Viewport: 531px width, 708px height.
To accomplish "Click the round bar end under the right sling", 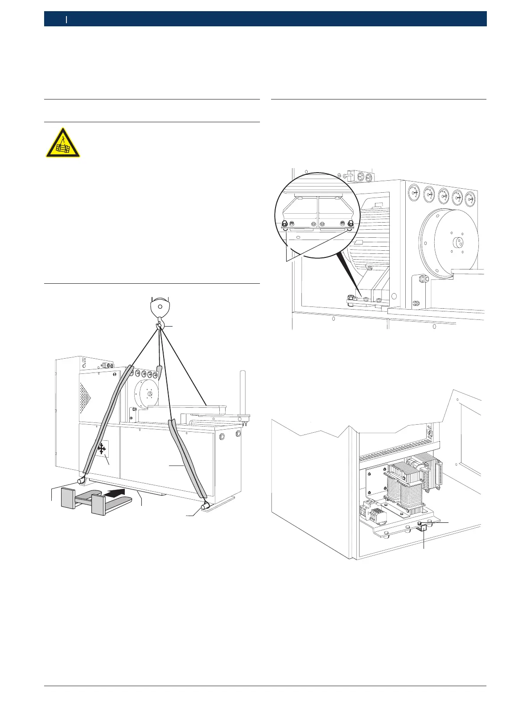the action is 206,506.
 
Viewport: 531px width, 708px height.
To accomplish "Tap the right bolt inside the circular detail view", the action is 350,224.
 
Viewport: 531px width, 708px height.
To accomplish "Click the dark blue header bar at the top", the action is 265,19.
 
